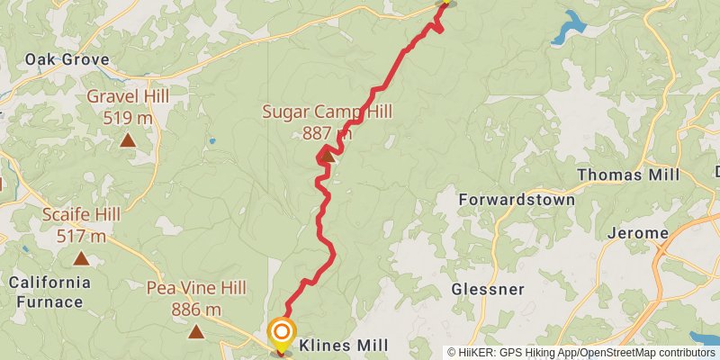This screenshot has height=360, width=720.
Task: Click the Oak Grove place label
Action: point(67,60)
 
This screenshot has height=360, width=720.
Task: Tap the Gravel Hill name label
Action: point(127,96)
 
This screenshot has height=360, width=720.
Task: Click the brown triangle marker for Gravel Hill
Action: point(128,139)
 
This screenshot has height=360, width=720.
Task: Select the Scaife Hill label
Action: point(82,215)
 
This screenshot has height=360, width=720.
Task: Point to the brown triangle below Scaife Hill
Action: point(82,258)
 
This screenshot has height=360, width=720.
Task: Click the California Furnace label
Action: point(50,292)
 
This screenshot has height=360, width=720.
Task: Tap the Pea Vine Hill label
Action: point(196,289)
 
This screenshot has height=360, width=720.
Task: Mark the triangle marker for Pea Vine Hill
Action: point(196,331)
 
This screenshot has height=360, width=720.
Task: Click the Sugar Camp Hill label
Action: point(328,112)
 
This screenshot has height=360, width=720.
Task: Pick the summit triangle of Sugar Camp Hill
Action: point(327,157)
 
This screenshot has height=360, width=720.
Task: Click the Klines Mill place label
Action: point(344,346)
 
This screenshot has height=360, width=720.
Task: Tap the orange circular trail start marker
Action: point(283,331)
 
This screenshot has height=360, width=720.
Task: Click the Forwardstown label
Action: point(517,199)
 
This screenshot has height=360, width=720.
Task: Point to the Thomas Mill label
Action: point(628,175)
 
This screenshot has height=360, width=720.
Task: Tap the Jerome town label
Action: point(637,233)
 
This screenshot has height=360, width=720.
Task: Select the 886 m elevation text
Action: point(196,310)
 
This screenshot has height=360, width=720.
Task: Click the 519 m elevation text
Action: point(128,118)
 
